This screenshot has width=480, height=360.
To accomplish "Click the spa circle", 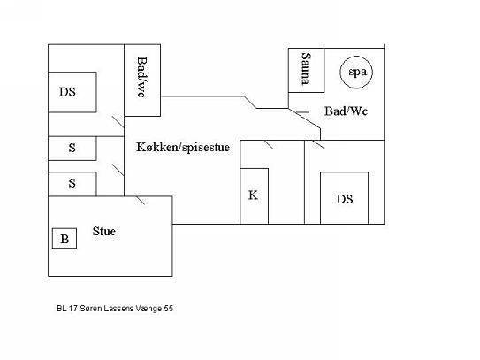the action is coord(356,56).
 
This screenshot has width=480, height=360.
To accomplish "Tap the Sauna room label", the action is coord(306,69).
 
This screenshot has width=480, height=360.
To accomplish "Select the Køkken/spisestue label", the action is coord(183,147).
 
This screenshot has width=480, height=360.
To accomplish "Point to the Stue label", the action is coord(104,231).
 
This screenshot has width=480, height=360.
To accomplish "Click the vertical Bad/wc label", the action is coord(141,77).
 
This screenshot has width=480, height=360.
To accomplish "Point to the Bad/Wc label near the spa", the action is coord(346,111).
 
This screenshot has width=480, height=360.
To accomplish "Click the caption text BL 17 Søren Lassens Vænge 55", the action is coord(115,308).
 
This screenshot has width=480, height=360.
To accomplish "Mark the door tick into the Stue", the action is coord(141,200).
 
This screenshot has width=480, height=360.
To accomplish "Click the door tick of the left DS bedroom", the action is coord(118,121).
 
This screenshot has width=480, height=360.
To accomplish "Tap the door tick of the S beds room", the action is coord(118,170).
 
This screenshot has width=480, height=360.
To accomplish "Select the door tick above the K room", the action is coord(269,144).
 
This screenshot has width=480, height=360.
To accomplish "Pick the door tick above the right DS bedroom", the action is coord(318,144).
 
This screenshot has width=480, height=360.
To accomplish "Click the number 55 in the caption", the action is coord(168,308).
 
